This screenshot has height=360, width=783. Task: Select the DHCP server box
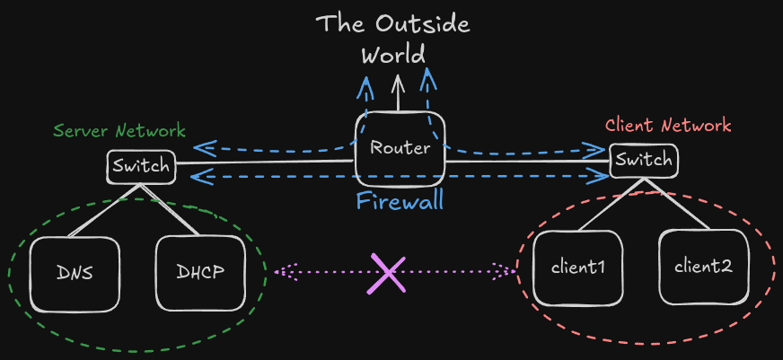point(200,273)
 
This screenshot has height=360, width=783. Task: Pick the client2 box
point(703,267)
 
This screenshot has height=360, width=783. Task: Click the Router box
point(400,149)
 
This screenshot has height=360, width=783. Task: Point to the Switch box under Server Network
point(139,166)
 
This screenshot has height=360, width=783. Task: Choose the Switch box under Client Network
point(644,161)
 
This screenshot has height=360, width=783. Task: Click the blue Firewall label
point(400,199)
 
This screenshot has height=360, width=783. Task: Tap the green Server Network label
point(119,130)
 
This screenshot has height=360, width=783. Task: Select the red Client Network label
point(668,126)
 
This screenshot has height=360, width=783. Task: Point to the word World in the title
point(392,55)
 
